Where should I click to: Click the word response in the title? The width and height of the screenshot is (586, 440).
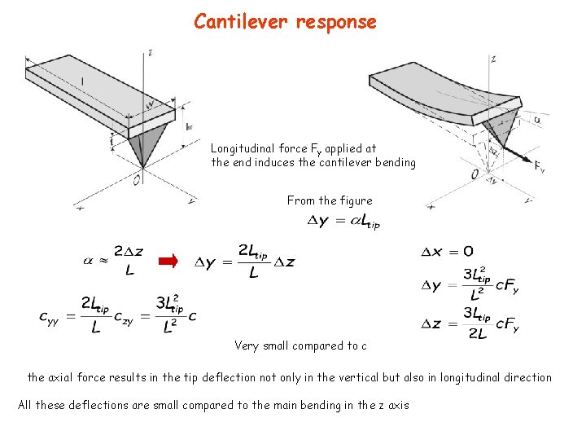(x=336, y=22)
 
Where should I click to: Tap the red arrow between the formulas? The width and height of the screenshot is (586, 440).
(x=167, y=261)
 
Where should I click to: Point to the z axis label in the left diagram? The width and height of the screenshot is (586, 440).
(x=151, y=53)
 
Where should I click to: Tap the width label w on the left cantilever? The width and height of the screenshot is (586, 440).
(x=150, y=104)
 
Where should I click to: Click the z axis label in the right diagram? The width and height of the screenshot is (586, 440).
(x=493, y=59)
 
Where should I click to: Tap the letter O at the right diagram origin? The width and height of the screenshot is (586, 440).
(x=474, y=174)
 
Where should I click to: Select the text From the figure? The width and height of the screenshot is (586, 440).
(x=329, y=200)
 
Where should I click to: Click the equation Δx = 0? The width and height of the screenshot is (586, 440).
(x=447, y=251)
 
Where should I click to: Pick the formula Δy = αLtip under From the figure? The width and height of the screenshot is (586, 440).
(x=342, y=221)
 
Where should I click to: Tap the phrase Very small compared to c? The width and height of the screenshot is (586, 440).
(x=300, y=345)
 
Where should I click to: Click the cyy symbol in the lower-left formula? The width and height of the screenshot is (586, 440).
(x=55, y=315)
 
